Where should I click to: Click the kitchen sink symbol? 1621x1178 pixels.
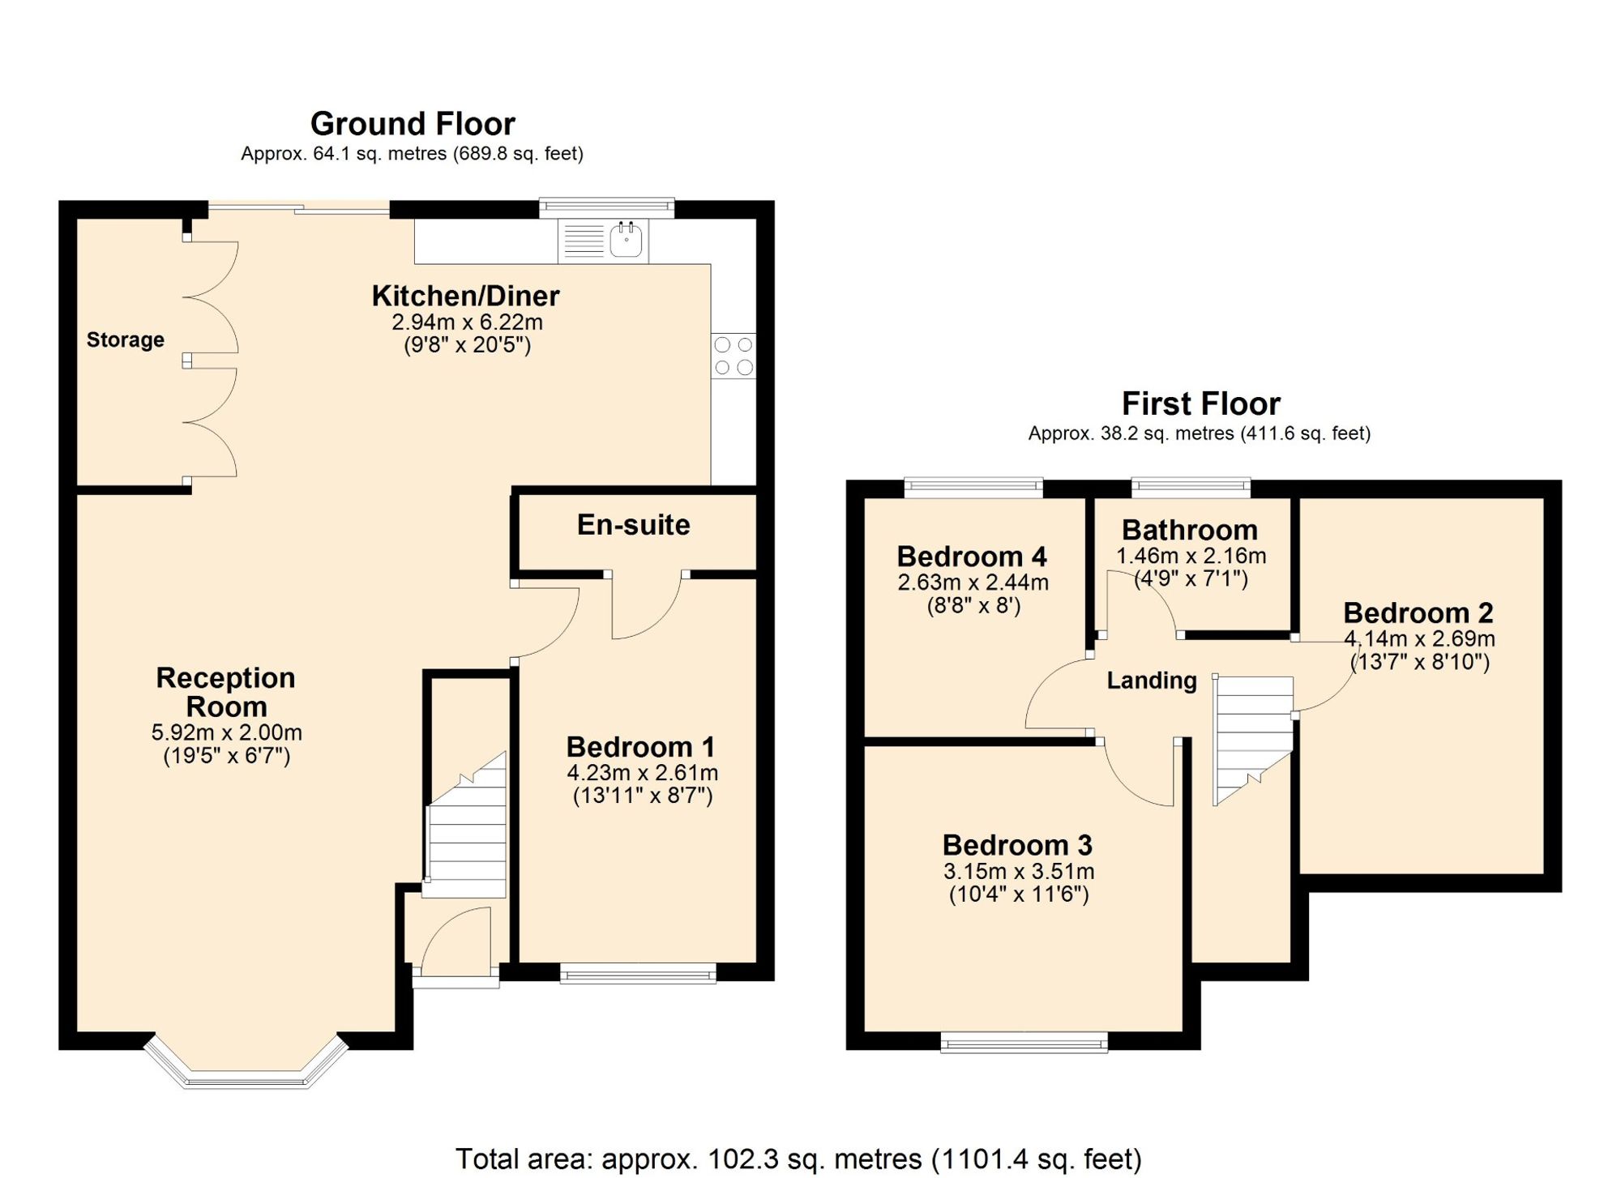(603, 240)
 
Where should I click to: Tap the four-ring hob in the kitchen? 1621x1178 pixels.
(734, 356)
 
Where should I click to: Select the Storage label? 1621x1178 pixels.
(126, 339)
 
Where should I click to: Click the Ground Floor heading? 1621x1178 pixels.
(413, 124)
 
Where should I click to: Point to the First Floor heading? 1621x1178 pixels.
(1200, 403)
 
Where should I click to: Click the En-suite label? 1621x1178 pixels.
(634, 525)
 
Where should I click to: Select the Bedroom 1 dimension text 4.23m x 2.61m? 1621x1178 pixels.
(642, 773)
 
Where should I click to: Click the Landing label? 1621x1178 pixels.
(1152, 681)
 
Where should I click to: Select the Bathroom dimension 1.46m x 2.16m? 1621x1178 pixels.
(1191, 556)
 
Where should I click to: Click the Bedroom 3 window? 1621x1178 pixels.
(1024, 1042)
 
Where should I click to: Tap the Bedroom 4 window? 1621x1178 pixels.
(973, 487)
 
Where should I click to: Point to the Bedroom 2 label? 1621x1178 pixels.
(1418, 612)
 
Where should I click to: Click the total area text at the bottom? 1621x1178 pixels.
(798, 1159)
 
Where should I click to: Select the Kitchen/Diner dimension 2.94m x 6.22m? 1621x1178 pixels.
(467, 322)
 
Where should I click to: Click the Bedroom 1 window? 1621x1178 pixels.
(638, 973)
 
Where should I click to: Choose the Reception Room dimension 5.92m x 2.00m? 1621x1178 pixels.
(226, 732)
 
